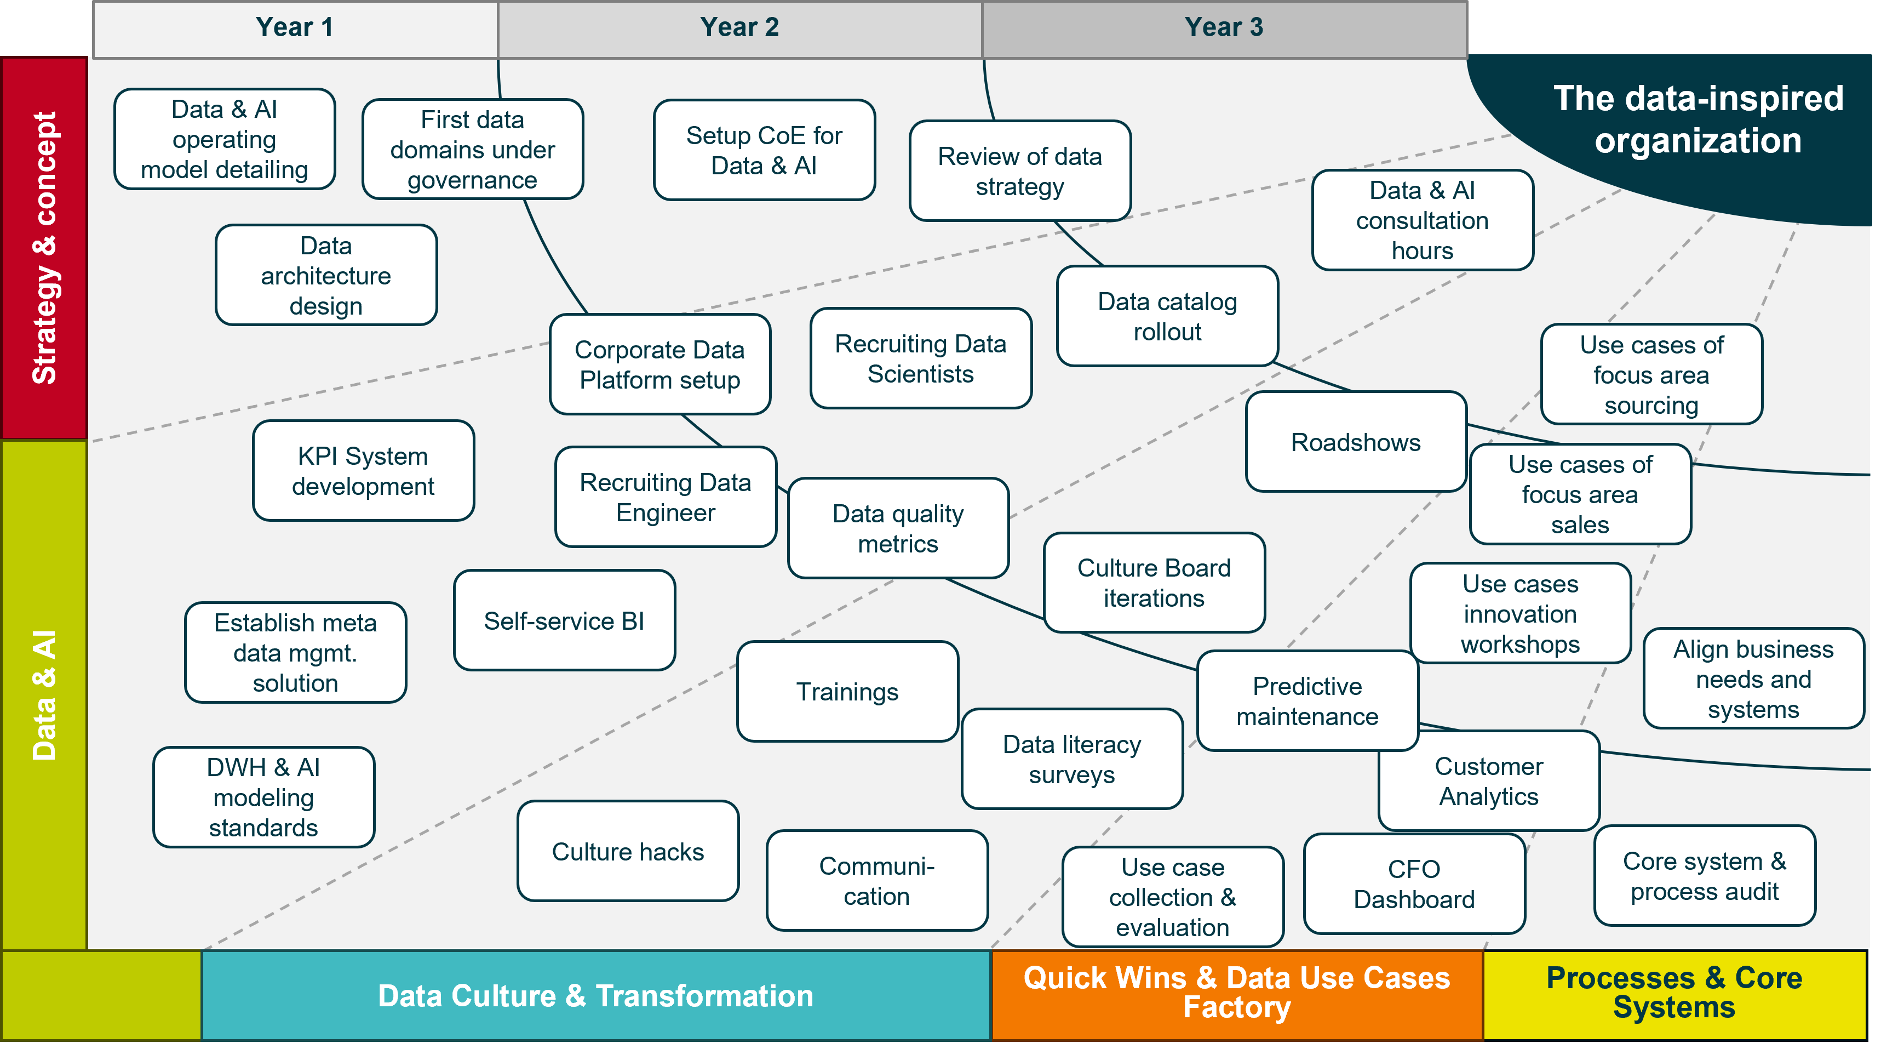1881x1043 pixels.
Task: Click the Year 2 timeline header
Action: (739, 28)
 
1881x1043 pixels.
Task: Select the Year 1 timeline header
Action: (295, 28)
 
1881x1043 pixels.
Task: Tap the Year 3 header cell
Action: (1224, 28)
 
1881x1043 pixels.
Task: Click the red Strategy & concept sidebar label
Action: (44, 248)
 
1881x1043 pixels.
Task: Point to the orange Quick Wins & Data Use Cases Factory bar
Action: (1236, 993)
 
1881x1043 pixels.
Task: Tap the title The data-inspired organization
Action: (1697, 119)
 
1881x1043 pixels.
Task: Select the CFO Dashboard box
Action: (1414, 884)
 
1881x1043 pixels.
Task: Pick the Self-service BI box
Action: (564, 621)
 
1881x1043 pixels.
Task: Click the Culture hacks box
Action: (627, 852)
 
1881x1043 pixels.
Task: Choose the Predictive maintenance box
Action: (1307, 701)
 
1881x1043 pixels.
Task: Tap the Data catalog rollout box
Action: (1167, 316)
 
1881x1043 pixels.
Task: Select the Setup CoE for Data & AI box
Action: (764, 151)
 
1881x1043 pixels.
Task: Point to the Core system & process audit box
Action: (1704, 876)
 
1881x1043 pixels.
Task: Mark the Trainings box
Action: (847, 692)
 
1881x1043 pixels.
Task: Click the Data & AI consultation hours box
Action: (1421, 220)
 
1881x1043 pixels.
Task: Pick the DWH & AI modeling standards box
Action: (263, 797)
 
